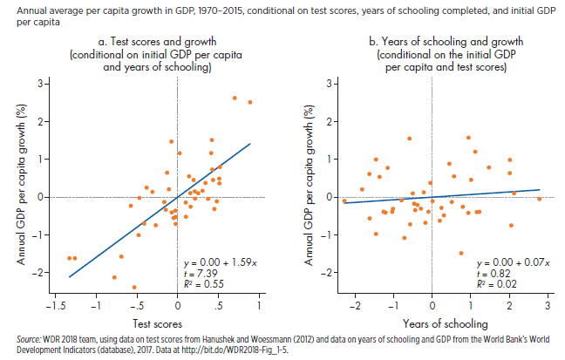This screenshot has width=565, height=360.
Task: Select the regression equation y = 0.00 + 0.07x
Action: (x=511, y=262)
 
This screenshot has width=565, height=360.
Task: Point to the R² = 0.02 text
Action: (x=496, y=283)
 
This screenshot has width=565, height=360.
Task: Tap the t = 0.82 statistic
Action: (x=493, y=273)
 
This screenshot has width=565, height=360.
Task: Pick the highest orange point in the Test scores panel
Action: (x=235, y=98)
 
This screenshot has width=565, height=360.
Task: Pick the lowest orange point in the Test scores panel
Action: (x=134, y=287)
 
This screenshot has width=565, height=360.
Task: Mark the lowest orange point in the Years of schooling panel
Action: (x=460, y=253)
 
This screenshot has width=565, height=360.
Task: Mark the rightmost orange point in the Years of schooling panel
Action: (x=540, y=199)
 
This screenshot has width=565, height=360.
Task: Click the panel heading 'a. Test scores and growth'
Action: (x=146, y=41)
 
